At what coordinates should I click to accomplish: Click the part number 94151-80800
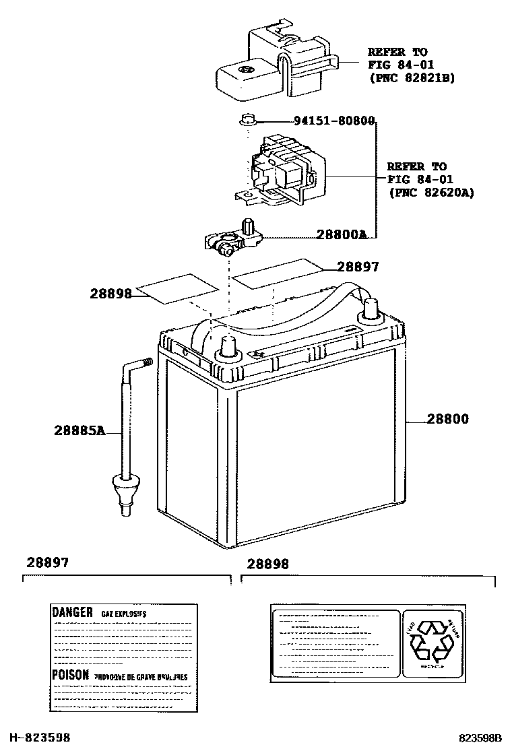click(x=333, y=121)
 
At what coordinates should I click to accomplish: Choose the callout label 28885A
click(x=79, y=430)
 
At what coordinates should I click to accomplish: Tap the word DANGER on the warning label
click(x=72, y=612)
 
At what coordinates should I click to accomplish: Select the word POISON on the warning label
click(x=70, y=674)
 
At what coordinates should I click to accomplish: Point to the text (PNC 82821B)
click(x=411, y=79)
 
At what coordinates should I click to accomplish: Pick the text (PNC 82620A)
click(x=431, y=193)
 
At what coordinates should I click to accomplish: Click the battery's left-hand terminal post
click(x=225, y=347)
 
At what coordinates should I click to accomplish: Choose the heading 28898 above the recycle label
click(x=267, y=564)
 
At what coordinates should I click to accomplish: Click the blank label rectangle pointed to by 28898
click(x=177, y=288)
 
